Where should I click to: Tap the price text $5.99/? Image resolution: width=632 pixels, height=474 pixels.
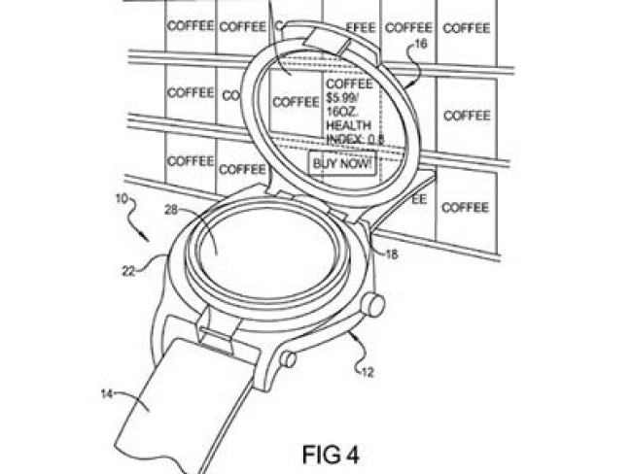pyautogui.click(x=343, y=98)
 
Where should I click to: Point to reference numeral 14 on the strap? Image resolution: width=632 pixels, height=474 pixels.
pyautogui.click(x=107, y=393)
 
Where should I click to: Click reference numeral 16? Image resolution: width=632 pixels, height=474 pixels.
pyautogui.click(x=420, y=45)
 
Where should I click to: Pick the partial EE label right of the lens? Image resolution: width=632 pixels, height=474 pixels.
pyautogui.click(x=419, y=199)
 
